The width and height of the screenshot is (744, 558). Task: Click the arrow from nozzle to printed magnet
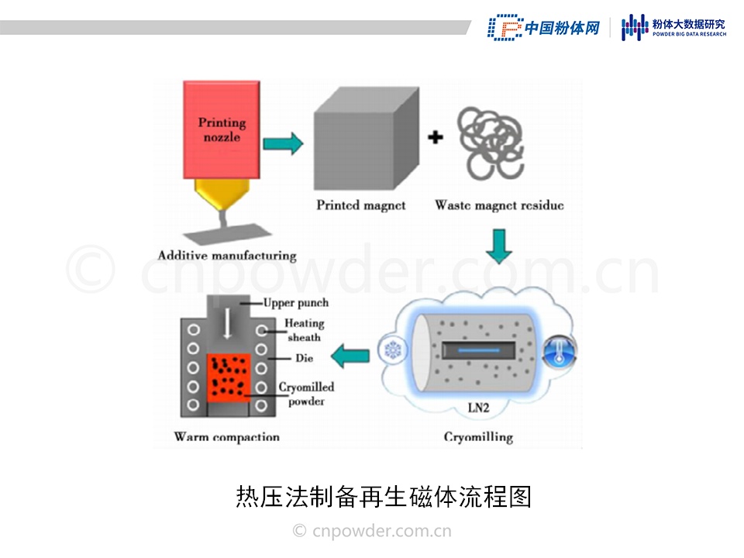click(283, 143)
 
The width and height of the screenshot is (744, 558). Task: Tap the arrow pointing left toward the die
click(350, 356)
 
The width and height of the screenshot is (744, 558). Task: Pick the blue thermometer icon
click(560, 351)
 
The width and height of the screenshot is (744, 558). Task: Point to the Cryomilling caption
click(478, 437)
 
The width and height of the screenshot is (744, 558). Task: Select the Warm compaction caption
click(226, 437)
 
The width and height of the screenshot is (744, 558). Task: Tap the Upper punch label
click(296, 303)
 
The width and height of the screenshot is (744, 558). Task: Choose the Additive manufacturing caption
click(227, 255)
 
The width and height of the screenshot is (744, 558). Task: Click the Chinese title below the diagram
click(384, 497)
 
